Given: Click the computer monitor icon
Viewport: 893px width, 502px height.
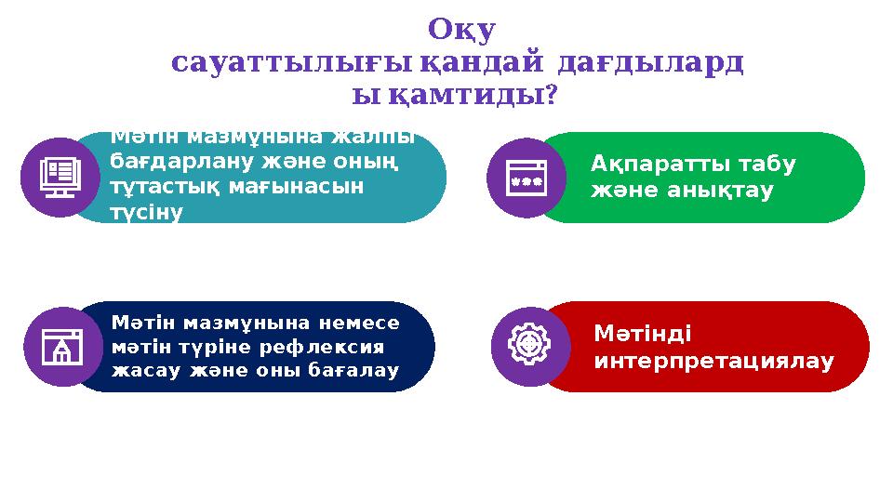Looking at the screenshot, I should click(x=60, y=177).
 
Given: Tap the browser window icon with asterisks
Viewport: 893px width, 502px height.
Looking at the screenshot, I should click(x=526, y=178).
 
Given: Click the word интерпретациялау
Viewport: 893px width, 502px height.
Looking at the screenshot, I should click(x=713, y=359).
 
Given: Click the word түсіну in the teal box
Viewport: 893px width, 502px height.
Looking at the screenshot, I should click(x=146, y=212).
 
